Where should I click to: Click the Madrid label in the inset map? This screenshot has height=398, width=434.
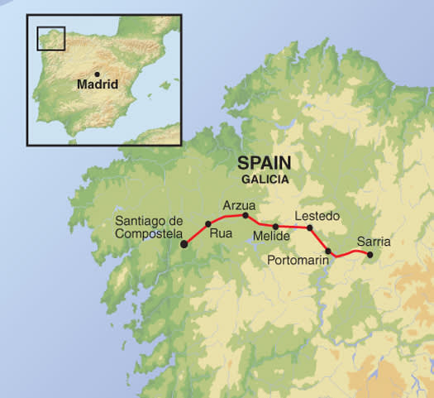(x=98, y=84)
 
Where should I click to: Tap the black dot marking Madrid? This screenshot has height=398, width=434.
(x=97, y=74)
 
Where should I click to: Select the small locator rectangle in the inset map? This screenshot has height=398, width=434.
(x=51, y=37)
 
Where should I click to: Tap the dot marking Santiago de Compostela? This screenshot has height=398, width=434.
(x=184, y=244)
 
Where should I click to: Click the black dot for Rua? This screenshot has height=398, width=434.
(x=207, y=224)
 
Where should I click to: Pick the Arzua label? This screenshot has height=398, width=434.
(x=240, y=204)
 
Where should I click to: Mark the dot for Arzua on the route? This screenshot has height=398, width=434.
(x=246, y=215)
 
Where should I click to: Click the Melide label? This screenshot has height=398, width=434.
(x=272, y=237)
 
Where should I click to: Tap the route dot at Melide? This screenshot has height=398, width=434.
(x=274, y=225)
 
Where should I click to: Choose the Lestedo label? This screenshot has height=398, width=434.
(x=317, y=217)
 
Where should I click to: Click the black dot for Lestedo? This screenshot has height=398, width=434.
(x=310, y=228)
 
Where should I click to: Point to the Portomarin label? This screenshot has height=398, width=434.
(x=299, y=260)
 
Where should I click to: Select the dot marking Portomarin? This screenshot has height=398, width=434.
(x=328, y=251)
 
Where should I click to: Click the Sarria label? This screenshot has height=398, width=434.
(x=373, y=242)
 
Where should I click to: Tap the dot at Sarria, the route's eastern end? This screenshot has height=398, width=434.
(x=370, y=254)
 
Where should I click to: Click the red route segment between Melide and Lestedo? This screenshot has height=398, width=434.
(x=293, y=227)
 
